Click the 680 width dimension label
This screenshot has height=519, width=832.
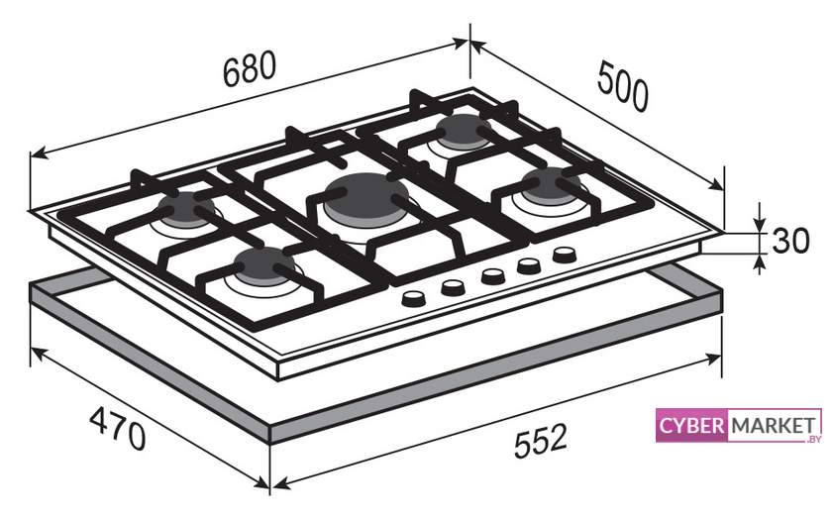[250, 69]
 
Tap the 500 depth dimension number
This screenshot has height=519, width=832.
[623, 86]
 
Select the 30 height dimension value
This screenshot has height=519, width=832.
[790, 241]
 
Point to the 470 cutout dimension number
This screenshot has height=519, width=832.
[117, 428]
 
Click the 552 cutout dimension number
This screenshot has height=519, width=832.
[541, 440]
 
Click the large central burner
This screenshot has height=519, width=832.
[366, 199]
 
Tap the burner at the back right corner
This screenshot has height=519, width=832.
[464, 131]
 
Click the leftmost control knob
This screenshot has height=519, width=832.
[414, 299]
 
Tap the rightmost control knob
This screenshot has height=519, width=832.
[565, 255]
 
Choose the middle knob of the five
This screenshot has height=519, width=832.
[492, 276]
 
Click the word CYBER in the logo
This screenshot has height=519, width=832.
[691, 426]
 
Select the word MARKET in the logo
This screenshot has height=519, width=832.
[774, 426]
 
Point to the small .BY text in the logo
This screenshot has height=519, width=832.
[813, 439]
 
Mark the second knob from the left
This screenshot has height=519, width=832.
[454, 287]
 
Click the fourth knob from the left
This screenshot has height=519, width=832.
[529, 264]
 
